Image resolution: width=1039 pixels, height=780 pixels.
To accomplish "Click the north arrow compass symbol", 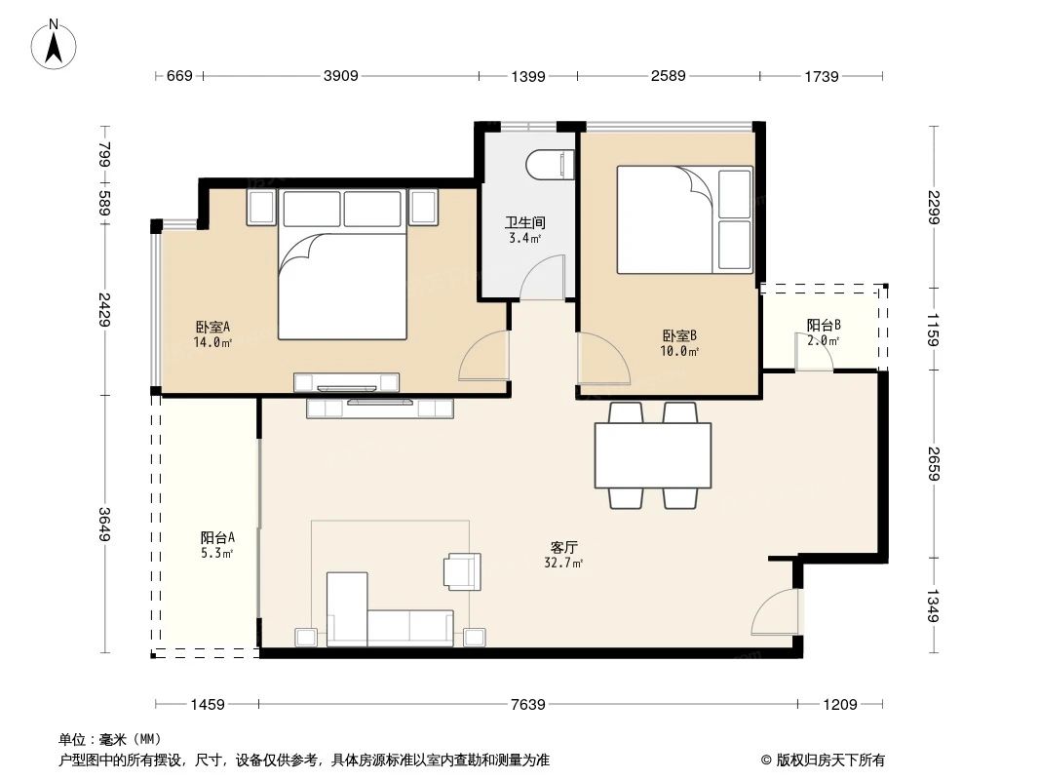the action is pos(54,46).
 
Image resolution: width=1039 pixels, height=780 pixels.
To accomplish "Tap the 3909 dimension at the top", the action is pos(340,75).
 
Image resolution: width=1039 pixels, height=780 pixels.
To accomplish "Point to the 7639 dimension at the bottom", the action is pos(528,704).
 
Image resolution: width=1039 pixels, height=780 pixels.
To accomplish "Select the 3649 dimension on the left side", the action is pos(104,525).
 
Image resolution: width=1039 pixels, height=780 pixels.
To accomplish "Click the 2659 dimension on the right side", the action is pos(934,464).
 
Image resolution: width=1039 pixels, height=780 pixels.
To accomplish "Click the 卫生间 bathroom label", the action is pos(524,222).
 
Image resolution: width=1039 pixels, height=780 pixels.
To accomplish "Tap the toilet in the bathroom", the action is pos(550,165).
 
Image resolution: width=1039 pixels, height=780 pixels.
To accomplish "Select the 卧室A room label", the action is pos(212,327).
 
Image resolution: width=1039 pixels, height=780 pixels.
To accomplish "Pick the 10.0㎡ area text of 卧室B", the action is pos(679,351).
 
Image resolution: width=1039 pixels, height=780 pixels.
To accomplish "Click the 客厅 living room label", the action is pos(564,547).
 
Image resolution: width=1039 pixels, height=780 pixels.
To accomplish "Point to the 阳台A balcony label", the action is pos(217,537).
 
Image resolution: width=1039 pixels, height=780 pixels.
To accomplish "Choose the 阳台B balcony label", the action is pos(824,325).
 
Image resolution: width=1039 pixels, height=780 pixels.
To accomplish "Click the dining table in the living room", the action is pos(653,456).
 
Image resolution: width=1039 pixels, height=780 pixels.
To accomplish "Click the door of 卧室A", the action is pos(483,356).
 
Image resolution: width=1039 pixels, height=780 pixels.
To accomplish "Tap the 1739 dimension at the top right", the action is pos(822,76).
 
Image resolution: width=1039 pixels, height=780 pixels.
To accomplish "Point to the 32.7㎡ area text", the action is pos(563,564).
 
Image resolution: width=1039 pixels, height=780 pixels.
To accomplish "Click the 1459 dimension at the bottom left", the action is pos(208,704).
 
